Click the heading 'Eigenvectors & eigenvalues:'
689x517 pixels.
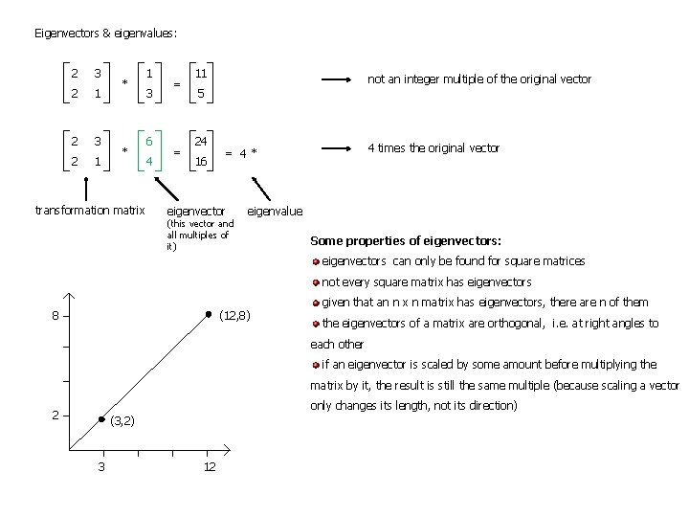coord(105,33)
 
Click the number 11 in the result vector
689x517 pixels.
coord(201,73)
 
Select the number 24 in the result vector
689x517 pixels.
coord(201,141)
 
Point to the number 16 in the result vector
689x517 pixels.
coord(201,162)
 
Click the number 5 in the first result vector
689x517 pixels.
coord(201,94)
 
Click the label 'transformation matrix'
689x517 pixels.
coord(89,210)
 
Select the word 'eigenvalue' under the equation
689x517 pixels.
coord(275,211)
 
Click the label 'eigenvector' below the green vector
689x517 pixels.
coord(196,211)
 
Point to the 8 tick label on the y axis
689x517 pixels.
coord(56,316)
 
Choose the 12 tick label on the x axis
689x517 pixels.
coord(209,466)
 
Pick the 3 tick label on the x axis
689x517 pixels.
coord(101,466)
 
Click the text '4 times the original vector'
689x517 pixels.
coord(433,147)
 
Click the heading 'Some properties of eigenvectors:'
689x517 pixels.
coord(406,239)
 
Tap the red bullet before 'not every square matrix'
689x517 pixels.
coord(316,281)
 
